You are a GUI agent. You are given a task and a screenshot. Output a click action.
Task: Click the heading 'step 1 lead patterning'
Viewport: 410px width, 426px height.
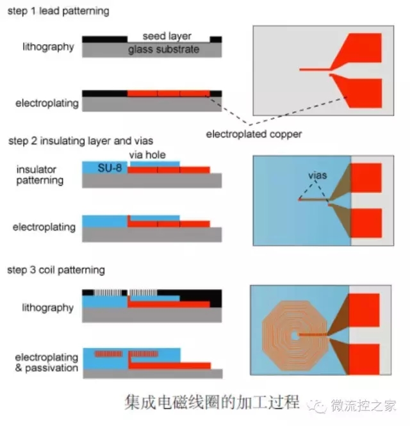(x=58, y=11)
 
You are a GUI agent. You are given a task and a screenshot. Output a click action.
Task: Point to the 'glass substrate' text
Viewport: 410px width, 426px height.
(x=164, y=49)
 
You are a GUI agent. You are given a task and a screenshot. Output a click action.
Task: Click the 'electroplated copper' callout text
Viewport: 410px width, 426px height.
(x=253, y=135)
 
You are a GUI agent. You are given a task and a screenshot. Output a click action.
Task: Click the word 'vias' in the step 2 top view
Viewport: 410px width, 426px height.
(x=313, y=174)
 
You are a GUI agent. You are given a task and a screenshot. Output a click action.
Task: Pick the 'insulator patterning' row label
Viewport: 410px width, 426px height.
(x=40, y=175)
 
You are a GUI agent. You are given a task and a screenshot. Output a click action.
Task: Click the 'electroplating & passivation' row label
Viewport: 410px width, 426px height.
(x=45, y=363)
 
